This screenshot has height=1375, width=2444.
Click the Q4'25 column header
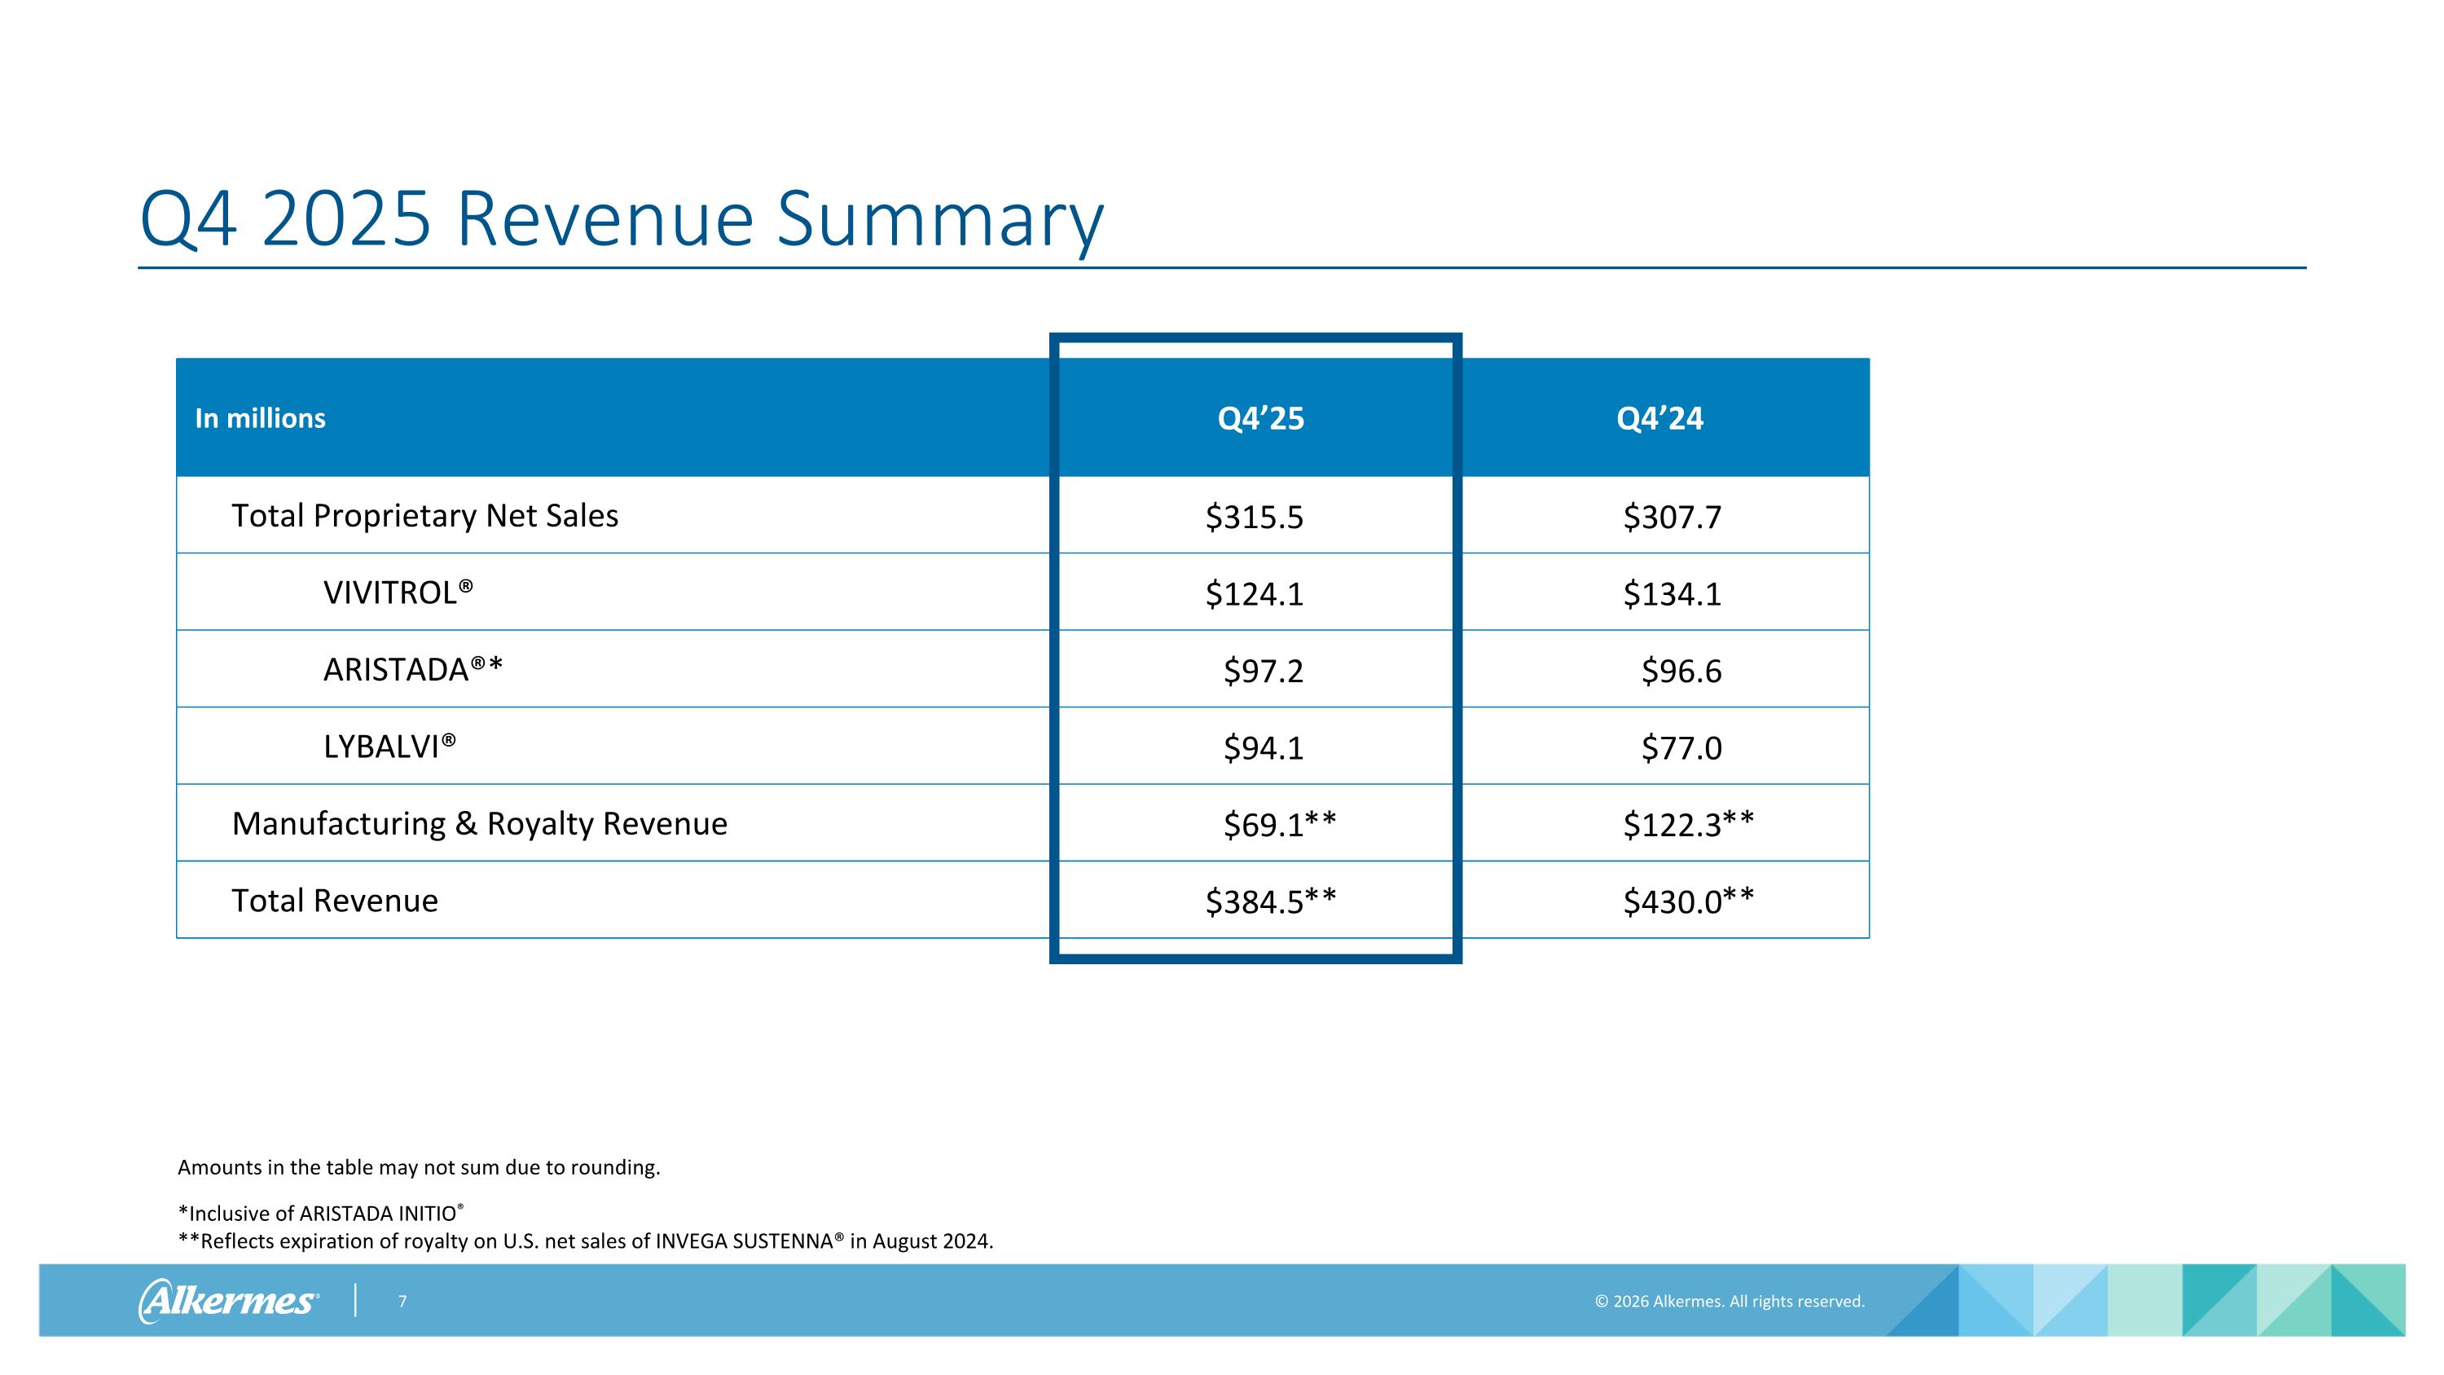(1261, 418)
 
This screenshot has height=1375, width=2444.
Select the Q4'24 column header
(1660, 418)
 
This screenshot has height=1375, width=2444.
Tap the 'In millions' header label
(260, 418)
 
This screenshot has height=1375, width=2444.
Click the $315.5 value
(1255, 518)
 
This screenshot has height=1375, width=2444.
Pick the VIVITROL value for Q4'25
(1255, 594)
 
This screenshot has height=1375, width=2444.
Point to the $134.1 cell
(1672, 594)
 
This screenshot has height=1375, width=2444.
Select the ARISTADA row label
(413, 670)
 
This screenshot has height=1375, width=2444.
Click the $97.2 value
(1264, 671)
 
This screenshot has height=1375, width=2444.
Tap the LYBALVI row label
(390, 747)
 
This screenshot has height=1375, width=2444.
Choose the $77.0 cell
(1681, 747)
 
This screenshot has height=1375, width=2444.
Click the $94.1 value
(1264, 747)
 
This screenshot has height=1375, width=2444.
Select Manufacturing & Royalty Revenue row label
(480, 824)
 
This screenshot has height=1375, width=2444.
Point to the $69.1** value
(1280, 825)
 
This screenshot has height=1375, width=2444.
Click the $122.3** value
(1689, 825)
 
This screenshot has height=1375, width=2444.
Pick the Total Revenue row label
(335, 901)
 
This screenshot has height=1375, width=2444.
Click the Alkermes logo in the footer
(229, 1300)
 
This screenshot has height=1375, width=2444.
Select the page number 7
(402, 1301)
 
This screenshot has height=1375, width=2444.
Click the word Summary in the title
(940, 221)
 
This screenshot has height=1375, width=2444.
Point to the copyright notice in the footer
(1730, 1301)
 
